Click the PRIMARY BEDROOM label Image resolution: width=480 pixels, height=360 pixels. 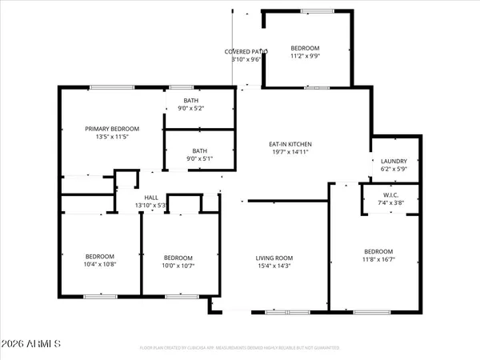[x=113, y=129]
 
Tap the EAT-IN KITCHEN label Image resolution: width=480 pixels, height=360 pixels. [x=290, y=144]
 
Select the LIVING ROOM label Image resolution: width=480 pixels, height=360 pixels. [x=273, y=258]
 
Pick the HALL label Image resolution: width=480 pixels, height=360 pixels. [x=150, y=198]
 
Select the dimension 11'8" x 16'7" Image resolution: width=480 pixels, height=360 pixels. [x=378, y=259]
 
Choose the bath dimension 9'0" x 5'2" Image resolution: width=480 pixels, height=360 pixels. [x=200, y=108]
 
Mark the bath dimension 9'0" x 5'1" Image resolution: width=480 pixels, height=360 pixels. [x=200, y=158]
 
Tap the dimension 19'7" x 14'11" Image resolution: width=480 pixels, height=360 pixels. [x=290, y=152]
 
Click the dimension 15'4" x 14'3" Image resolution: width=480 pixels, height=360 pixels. [x=273, y=266]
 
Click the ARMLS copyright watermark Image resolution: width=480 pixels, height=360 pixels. [x=32, y=345]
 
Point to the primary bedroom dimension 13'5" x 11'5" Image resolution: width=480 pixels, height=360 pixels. [x=113, y=137]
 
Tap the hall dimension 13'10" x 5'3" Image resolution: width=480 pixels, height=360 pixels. [x=150, y=206]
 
